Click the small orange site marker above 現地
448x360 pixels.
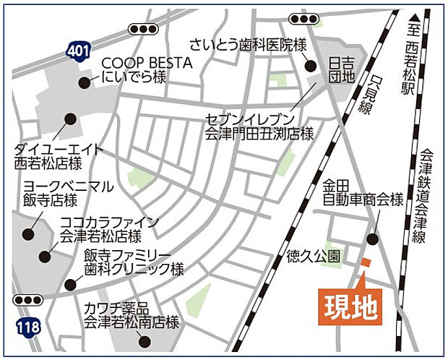click(x=366, y=262)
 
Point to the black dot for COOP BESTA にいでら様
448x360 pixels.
click(x=85, y=82)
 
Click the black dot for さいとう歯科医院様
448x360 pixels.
click(x=311, y=66)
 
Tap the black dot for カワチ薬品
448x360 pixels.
click(x=145, y=341)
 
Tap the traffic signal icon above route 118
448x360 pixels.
click(x=28, y=299)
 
